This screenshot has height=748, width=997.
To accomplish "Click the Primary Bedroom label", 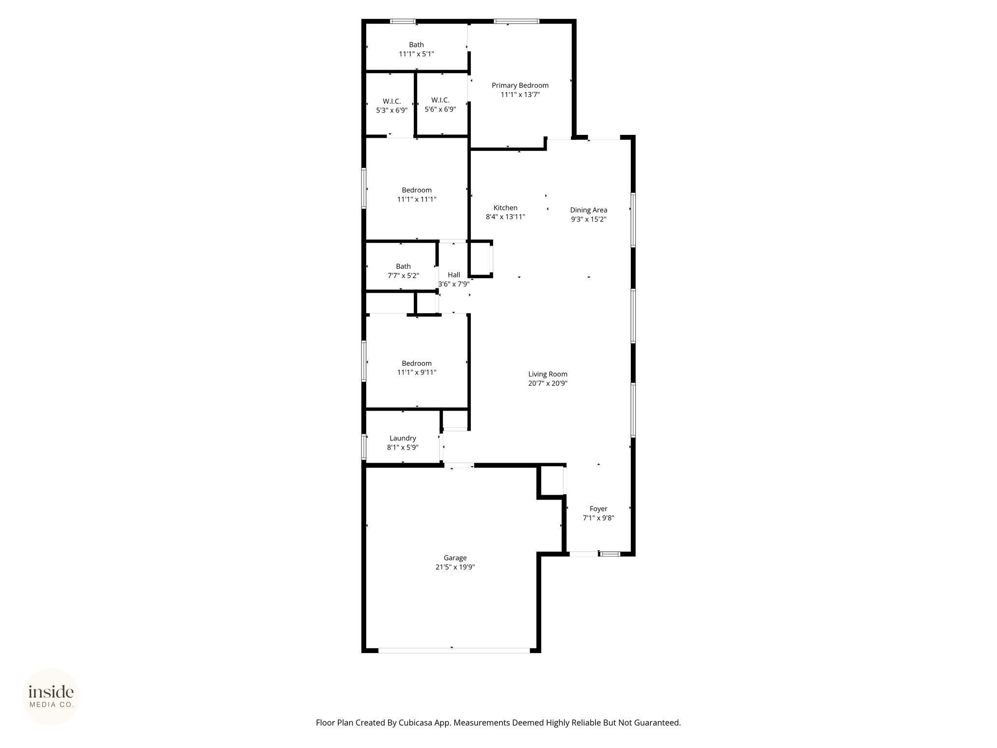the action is coord(520,86).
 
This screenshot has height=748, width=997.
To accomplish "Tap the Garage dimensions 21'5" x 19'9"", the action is coord(455,567).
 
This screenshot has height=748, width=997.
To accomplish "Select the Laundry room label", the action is coord(403,438).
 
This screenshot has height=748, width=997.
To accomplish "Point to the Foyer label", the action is coord(598,509).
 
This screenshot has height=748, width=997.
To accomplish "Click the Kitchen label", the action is coord(505,208).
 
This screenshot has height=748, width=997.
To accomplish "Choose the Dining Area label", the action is coord(589,210).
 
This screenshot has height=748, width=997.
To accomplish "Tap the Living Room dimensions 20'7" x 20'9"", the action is coord(548,383).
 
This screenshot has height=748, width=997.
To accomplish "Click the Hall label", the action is coord(454,275).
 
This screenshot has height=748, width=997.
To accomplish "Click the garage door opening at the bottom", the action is coord(454,650).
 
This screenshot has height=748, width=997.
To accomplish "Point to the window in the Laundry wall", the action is coord(364,447).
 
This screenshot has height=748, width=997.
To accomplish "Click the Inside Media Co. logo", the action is coord(51,697).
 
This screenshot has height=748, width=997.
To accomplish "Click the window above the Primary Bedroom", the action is coord(517,21).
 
